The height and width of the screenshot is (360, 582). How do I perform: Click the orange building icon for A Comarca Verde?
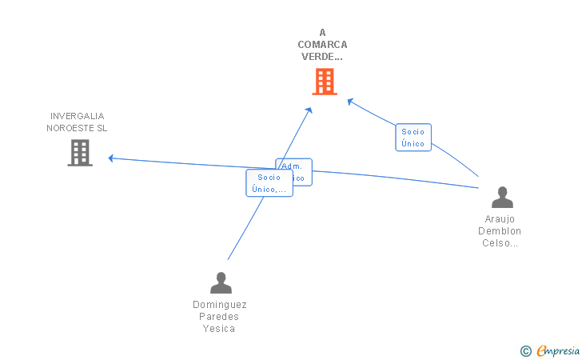[324, 82]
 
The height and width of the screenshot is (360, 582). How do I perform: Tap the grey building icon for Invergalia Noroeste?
[80, 152]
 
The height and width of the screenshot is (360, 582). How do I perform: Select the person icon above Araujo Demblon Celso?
[502, 198]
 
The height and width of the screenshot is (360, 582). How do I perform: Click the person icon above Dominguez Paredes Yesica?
[220, 282]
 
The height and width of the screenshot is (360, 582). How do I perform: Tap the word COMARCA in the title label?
[322, 45]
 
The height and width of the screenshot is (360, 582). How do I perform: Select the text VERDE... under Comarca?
[322, 57]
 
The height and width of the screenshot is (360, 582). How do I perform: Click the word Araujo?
[500, 219]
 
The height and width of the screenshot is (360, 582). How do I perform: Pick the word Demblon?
[500, 231]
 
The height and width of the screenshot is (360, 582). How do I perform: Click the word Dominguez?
[220, 305]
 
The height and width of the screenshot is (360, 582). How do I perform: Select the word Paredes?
[220, 317]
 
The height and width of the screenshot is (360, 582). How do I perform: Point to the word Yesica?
[220, 329]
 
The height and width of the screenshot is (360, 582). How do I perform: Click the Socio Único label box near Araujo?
[413, 138]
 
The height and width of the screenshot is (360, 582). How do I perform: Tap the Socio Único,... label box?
[269, 183]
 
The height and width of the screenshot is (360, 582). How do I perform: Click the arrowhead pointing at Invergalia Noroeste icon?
[112, 158]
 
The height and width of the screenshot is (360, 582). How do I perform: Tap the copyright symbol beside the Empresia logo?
[525, 350]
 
